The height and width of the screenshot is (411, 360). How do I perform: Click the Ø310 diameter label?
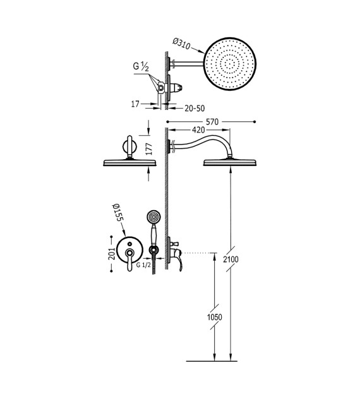click(x=181, y=44)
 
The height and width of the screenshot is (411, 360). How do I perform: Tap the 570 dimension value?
click(x=212, y=122)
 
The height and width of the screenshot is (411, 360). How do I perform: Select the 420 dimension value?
click(x=198, y=130)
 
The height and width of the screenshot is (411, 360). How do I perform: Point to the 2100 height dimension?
click(x=231, y=259)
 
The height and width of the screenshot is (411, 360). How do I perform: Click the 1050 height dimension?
click(x=215, y=317)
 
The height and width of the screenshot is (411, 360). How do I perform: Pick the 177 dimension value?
click(x=148, y=149)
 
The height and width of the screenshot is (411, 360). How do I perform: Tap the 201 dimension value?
click(x=112, y=253)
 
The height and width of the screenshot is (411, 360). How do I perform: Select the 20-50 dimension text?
click(x=195, y=108)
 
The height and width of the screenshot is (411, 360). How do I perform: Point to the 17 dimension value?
click(x=135, y=104)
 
